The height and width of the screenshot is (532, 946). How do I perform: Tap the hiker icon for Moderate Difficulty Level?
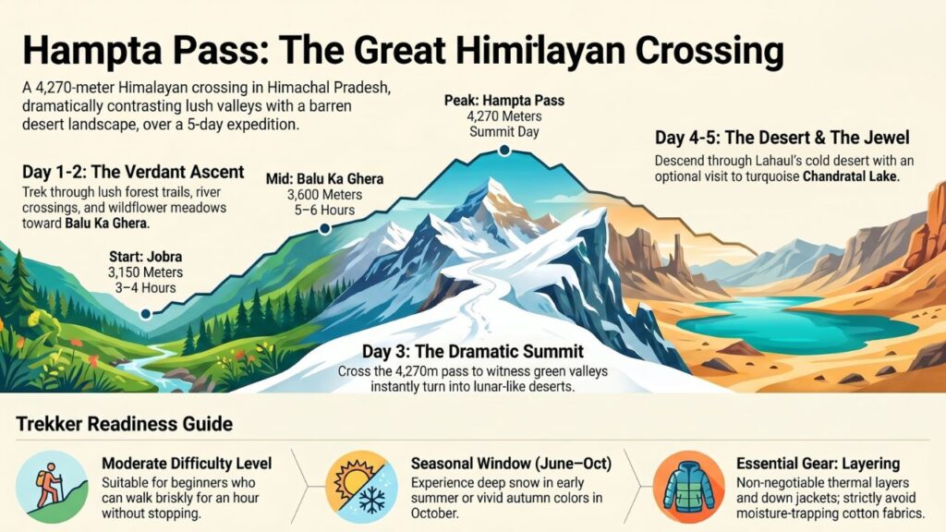[53, 481]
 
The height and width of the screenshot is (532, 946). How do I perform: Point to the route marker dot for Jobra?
[145, 314]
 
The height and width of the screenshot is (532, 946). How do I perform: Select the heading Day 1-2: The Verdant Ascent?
[133, 173]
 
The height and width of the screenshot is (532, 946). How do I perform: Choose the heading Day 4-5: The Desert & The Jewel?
[782, 139]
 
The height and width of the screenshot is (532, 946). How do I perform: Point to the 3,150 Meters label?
[144, 273]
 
